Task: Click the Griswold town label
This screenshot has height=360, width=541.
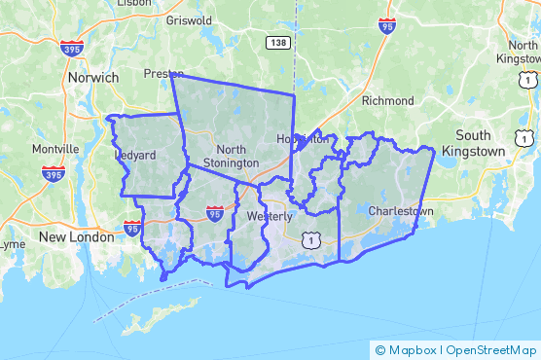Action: point(189,19)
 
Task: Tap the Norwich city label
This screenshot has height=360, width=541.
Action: point(92,77)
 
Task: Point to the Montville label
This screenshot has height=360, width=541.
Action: point(55,149)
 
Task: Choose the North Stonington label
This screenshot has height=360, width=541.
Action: point(231,156)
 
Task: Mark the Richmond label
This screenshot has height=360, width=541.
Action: point(387,100)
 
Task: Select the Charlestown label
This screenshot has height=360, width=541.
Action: point(401,210)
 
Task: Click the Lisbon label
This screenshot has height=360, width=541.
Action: point(133,3)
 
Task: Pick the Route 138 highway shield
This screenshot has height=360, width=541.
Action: point(277,42)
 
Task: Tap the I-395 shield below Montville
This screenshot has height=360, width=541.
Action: point(54,174)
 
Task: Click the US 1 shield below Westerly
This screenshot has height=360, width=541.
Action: point(310,238)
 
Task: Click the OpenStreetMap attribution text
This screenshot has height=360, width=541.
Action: point(491,349)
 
